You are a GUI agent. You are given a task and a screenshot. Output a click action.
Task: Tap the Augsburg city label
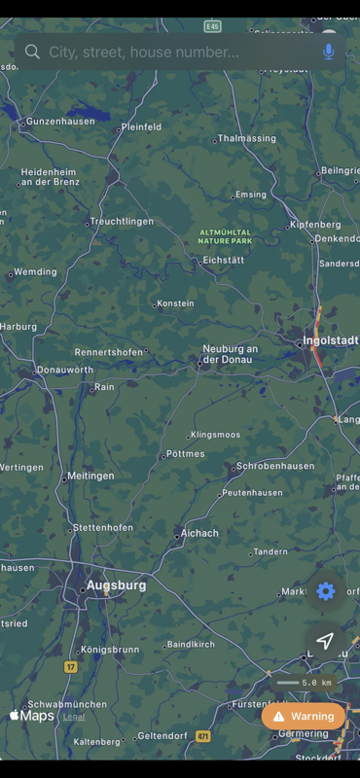pyautogui.click(x=116, y=585)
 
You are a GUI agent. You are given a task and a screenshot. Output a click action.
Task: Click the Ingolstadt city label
pyautogui.click(x=331, y=340)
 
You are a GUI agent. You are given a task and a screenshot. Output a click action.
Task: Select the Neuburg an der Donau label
pyautogui.click(x=230, y=354)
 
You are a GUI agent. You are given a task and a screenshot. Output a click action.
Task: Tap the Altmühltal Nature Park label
pyautogui.click(x=225, y=235)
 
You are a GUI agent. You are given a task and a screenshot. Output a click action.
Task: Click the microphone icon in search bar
pyautogui.click(x=329, y=52)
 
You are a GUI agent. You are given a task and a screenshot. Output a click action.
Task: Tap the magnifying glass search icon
pyautogui.click(x=33, y=52)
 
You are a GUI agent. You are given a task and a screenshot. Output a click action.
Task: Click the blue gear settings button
pyautogui.click(x=326, y=591)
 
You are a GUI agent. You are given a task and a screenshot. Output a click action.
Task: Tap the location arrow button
pyautogui.click(x=326, y=640)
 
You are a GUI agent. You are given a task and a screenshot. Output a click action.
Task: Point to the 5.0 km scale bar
pyautogui.click(x=307, y=683)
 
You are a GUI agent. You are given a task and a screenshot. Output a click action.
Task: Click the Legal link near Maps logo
pyautogui.click(x=74, y=717)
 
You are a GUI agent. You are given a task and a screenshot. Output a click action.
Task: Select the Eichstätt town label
pyautogui.click(x=224, y=261)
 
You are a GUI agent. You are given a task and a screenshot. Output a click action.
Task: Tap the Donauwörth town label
pyautogui.click(x=64, y=371)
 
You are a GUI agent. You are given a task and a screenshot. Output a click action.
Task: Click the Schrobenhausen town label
pyautogui.click(x=275, y=466)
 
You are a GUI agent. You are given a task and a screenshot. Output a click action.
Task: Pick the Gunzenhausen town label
pyautogui.click(x=60, y=122)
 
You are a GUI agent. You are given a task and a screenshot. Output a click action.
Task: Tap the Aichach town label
pyautogui.click(x=199, y=533)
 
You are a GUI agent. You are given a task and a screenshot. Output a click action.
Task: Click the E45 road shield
pyautogui.click(x=212, y=25)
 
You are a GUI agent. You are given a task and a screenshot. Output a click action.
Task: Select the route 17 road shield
pyautogui.click(x=70, y=666)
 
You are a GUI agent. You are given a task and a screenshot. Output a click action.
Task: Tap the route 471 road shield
pyautogui.click(x=202, y=736)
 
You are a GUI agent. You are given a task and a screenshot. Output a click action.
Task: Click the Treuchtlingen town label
pyautogui.click(x=122, y=222)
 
